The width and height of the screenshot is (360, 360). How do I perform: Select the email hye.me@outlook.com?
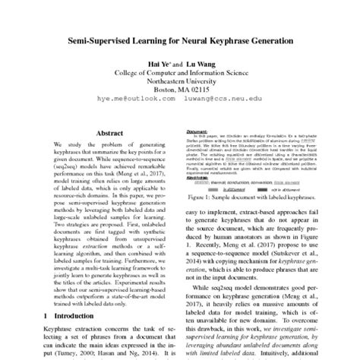click(x=128, y=108)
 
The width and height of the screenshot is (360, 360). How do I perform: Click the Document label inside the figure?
click(x=196, y=131)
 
